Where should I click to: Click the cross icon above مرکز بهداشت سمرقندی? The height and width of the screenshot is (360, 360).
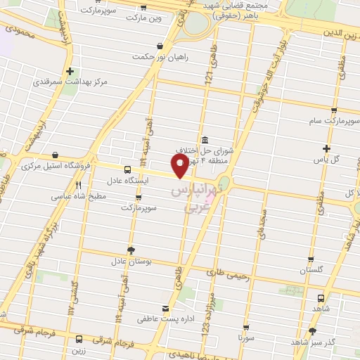coord(70,71)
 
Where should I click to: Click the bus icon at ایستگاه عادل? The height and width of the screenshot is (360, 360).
coord(127,169)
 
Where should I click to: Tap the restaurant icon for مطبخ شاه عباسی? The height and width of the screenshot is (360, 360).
coord(78,186)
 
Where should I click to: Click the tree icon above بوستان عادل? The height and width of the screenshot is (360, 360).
coord(131,250)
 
